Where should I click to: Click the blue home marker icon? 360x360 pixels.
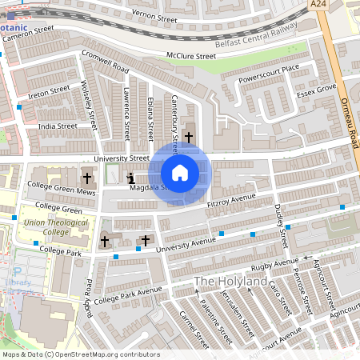pyautogui.click(x=179, y=172)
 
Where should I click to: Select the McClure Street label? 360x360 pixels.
pyautogui.click(x=190, y=57)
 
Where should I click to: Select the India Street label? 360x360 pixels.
pyautogui.click(x=58, y=126)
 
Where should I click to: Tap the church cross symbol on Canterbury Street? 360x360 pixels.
pyautogui.click(x=189, y=138)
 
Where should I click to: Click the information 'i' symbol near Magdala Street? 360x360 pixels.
pyautogui.click(x=131, y=178)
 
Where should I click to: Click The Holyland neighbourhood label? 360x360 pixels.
pyautogui.click(x=230, y=282)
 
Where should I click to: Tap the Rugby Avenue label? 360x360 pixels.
pyautogui.click(x=274, y=265)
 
